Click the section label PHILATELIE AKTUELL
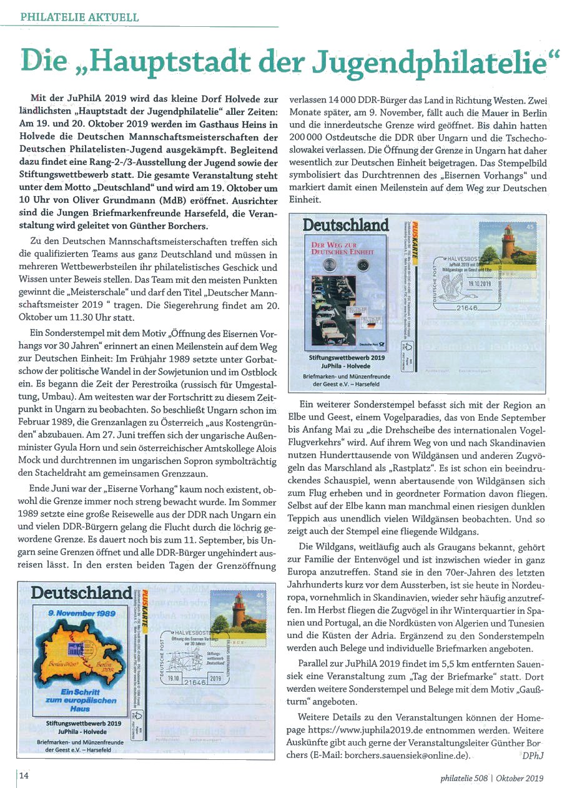pyautogui.click(x=79, y=17)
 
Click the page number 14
pyautogui.click(x=24, y=776)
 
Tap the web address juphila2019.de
pyautogui.click(x=392, y=730)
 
